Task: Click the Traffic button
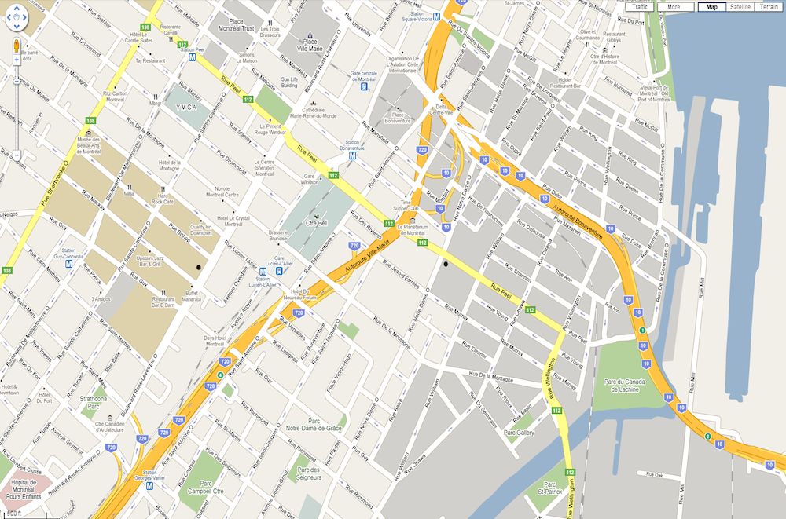640,7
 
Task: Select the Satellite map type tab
740,7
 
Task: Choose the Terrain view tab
769,7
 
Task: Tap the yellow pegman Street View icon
17,45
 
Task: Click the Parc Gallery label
519,433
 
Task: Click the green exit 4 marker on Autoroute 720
221,375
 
